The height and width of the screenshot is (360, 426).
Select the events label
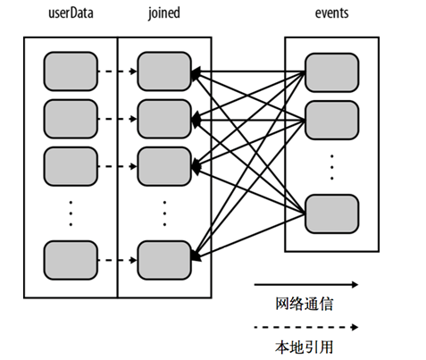332,14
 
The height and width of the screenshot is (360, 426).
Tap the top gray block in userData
70,70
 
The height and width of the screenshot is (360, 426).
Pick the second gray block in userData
70,116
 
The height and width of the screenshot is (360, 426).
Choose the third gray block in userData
70,164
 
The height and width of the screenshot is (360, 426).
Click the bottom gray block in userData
70,259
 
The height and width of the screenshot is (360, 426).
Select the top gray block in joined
163,70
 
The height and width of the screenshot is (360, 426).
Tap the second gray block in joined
163,116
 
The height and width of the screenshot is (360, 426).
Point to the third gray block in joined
163,164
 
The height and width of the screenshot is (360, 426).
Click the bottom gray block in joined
163,259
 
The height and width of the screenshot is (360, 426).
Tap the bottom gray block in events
332,213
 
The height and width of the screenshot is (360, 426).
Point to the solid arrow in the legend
305,285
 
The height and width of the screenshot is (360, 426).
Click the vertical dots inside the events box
332,165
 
